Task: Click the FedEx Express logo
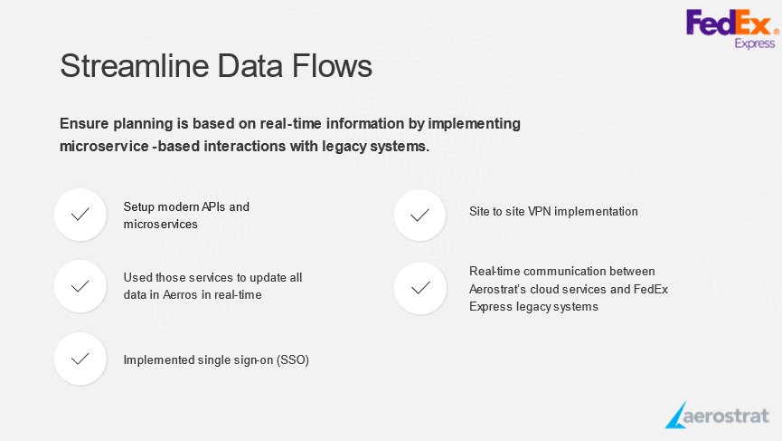pos(732,29)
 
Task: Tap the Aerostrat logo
pos(717,415)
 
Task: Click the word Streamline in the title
pos(134,65)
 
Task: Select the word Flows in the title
pos(332,65)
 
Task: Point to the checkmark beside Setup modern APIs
pos(80,215)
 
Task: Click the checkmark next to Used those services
pos(80,286)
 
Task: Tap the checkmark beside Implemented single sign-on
pos(80,359)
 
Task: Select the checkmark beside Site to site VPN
pos(419,216)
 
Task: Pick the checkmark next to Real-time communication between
pos(420,288)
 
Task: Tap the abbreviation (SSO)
pos(293,360)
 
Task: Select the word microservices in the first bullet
pos(161,225)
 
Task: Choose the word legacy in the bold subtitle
pos(344,147)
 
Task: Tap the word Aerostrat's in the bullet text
pos(498,289)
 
